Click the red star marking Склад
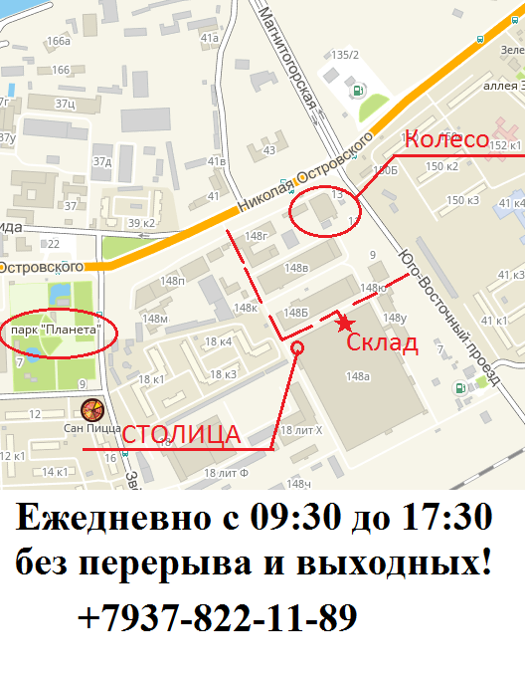[x=344, y=323]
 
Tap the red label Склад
[x=383, y=344]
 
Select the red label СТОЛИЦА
[x=181, y=435]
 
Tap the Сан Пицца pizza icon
[x=92, y=409]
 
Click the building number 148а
[x=357, y=375]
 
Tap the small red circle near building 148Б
[x=296, y=347]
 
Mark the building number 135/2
[x=345, y=55]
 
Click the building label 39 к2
[x=141, y=222]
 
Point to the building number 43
[x=267, y=150]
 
